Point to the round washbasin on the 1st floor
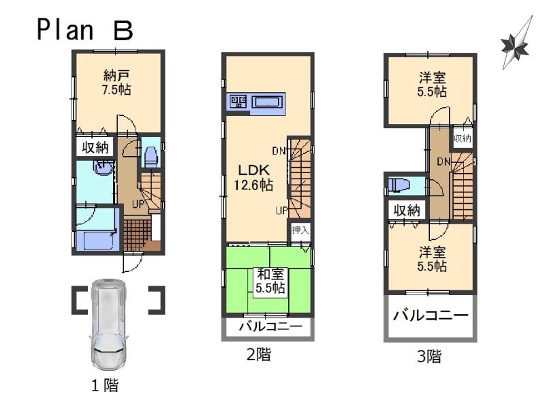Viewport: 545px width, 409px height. tap(103, 168)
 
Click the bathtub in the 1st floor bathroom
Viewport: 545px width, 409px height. tap(96, 240)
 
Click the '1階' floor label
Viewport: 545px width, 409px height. tap(105, 385)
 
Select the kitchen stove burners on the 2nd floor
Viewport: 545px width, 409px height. tap(238, 102)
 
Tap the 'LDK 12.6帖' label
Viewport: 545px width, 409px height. tap(255, 177)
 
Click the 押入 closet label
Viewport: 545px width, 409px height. tap(300, 230)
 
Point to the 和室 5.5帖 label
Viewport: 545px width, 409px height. tap(270, 281)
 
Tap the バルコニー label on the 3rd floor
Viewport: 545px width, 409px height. tap(431, 316)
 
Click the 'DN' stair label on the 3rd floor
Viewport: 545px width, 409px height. tap(443, 161)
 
